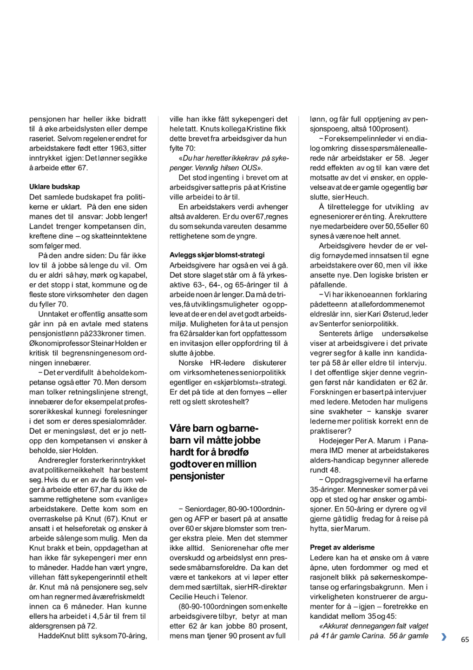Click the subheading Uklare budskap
click(x=54, y=187)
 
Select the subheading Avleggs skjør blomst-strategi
click(x=217, y=255)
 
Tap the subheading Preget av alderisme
click(x=342, y=548)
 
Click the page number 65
click(x=465, y=640)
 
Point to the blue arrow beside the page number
click(x=444, y=637)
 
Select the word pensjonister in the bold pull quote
click(x=197, y=476)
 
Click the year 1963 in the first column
click(x=122, y=148)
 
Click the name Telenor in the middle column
click(x=233, y=597)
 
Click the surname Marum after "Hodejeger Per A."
click(x=389, y=441)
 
